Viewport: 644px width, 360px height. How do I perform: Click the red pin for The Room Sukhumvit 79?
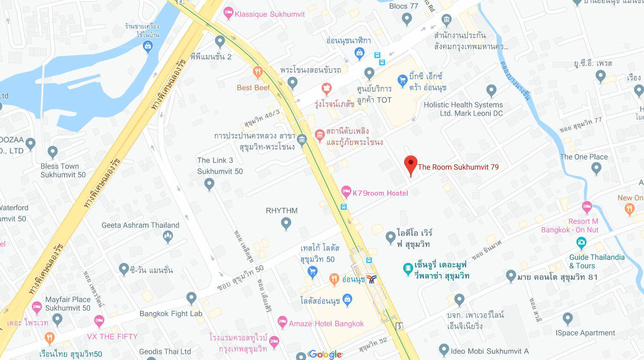(x=411, y=164)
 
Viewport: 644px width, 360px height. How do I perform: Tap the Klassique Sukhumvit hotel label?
(x=270, y=14)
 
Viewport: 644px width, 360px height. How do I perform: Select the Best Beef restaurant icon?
(x=257, y=72)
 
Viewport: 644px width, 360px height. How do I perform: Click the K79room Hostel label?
(x=380, y=193)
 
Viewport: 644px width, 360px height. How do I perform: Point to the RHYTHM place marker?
(x=286, y=222)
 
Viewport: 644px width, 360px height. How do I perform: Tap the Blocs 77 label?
(x=404, y=6)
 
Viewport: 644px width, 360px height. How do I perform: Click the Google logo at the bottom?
(x=325, y=354)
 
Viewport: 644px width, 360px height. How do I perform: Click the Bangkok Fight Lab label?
(x=171, y=313)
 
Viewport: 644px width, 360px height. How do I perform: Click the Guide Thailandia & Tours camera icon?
(x=581, y=243)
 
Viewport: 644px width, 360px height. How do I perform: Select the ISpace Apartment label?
(x=585, y=333)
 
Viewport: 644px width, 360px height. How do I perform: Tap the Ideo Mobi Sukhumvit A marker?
(x=444, y=350)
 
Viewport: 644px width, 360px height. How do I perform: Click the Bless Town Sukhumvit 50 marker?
(x=52, y=152)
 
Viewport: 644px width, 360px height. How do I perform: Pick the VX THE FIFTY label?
(x=112, y=337)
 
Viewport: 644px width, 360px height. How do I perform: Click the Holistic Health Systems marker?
(x=491, y=91)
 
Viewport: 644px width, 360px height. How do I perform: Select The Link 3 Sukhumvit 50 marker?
(x=209, y=184)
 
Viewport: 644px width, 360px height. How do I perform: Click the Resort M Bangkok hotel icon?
(x=587, y=207)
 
